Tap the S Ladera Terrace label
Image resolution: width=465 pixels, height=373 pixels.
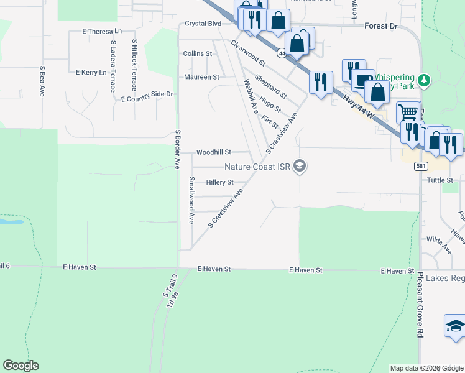(x=113, y=67)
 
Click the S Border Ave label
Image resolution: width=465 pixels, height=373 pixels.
(x=177, y=149)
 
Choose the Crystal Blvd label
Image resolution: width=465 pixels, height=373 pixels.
(x=203, y=24)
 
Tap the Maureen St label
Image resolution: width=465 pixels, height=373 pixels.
(x=201, y=77)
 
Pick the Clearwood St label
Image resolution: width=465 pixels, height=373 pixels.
(x=248, y=53)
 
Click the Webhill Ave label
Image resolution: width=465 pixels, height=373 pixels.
(x=251, y=95)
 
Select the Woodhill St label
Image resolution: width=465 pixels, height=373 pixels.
(x=213, y=152)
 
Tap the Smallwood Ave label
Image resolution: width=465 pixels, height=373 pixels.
(x=191, y=201)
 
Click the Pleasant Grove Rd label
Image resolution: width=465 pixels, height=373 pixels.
(x=420, y=305)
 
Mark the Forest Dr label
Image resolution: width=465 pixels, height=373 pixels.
(x=381, y=26)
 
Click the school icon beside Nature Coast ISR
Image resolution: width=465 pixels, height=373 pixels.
(x=300, y=166)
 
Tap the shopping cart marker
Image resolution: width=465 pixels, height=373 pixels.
(x=408, y=113)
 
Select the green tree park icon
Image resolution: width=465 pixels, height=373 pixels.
(x=425, y=80)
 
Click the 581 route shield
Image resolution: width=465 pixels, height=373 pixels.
(x=421, y=166)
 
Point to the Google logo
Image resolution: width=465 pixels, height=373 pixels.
(x=21, y=366)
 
